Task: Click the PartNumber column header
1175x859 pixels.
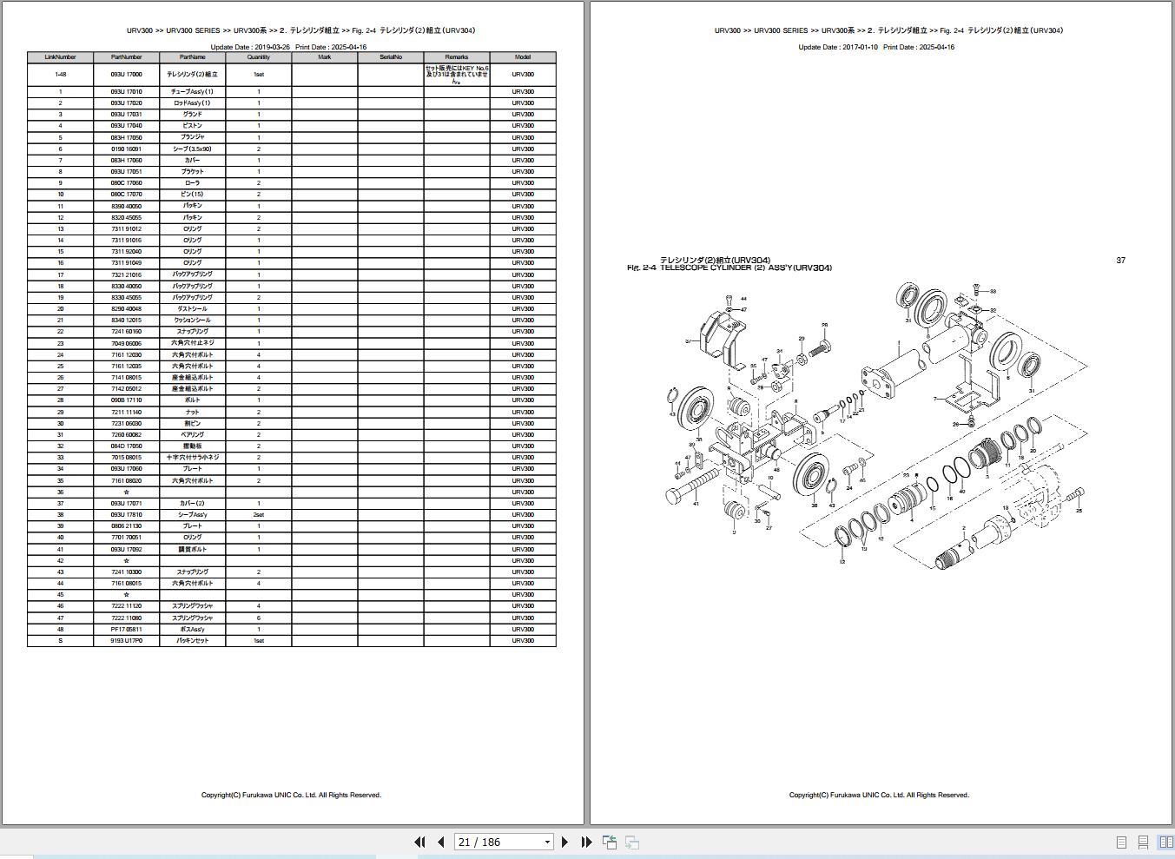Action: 126,57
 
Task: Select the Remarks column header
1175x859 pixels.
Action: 457,57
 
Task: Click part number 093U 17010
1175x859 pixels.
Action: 126,92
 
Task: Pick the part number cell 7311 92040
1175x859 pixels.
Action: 126,252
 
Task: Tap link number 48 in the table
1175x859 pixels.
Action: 60,630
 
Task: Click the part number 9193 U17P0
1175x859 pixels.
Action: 126,641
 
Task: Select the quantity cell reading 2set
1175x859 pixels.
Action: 258,515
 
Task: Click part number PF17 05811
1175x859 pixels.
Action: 126,630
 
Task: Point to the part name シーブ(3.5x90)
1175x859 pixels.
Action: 192,149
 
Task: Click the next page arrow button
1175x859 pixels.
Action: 565,842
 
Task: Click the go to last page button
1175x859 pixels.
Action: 586,842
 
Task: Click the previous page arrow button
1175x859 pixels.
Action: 441,842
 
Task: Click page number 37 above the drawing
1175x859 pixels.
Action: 1120,261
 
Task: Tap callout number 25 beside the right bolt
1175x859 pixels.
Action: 1079,511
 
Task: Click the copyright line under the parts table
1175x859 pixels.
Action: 291,795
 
